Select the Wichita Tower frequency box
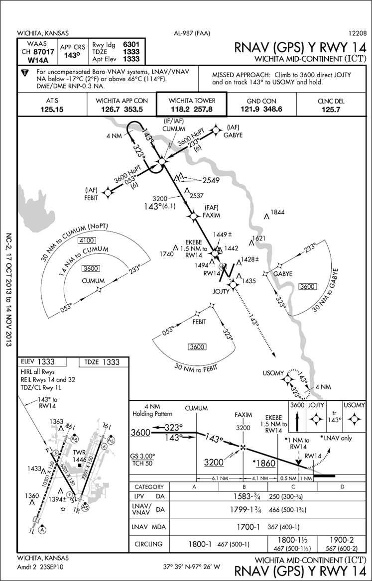click(x=191, y=105)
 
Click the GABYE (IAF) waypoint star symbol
click(x=216, y=130)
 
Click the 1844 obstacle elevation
click(x=278, y=213)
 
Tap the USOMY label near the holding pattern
click(x=273, y=373)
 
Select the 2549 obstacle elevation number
click(x=211, y=180)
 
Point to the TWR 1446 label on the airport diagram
click(x=80, y=456)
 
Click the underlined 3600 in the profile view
click(x=140, y=433)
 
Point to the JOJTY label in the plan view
click(x=222, y=291)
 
